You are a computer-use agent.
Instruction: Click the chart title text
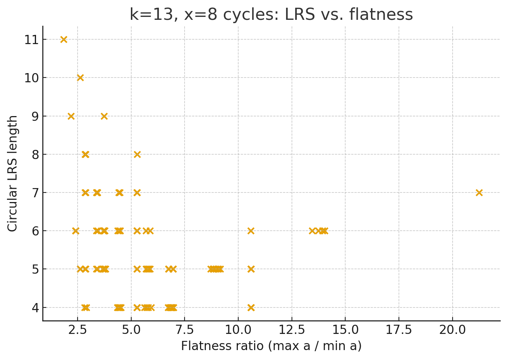[x=271, y=15]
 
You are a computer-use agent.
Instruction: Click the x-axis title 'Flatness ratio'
[x=271, y=346]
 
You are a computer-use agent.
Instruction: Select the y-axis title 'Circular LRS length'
[x=13, y=173]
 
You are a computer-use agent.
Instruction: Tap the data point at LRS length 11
[x=64, y=39]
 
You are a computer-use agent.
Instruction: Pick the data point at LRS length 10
[x=80, y=78]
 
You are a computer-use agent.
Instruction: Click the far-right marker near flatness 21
[x=479, y=192]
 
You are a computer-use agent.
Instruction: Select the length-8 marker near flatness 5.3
[x=137, y=154]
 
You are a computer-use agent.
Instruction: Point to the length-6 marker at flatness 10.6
[x=251, y=231]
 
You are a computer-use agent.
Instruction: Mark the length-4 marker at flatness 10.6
[x=251, y=307]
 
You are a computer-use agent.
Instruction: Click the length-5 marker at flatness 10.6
[x=251, y=269]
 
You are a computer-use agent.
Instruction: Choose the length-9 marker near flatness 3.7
[x=104, y=116]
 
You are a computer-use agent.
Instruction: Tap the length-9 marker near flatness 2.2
[x=71, y=116]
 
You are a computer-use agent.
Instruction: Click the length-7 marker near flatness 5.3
[x=137, y=192]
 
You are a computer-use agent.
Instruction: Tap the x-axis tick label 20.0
[x=452, y=330]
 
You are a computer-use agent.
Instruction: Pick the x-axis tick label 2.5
[x=78, y=330]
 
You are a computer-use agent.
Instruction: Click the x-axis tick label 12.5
[x=292, y=330]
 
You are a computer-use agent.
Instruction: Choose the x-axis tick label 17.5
[x=399, y=330]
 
